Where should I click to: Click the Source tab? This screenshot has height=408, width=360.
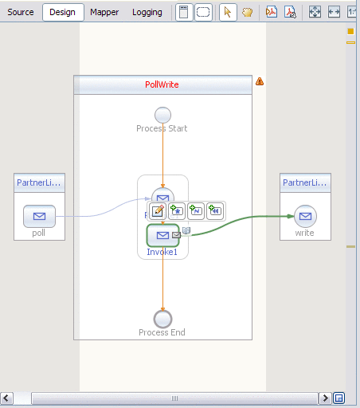[21, 12]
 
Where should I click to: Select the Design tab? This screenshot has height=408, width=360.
[62, 12]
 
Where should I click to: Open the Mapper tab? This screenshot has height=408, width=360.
[104, 12]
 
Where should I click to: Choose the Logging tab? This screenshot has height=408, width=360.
[147, 12]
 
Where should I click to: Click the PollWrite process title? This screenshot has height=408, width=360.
[162, 84]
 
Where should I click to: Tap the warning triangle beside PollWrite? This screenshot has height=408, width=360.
[260, 81]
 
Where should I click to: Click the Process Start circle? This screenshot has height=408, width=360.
[162, 114]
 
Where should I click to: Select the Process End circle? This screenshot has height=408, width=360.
[162, 319]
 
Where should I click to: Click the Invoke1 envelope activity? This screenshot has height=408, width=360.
[162, 235]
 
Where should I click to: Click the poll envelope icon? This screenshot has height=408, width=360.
[39, 216]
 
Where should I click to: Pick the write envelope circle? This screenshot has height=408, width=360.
[305, 216]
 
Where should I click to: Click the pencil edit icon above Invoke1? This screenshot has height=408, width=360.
[158, 211]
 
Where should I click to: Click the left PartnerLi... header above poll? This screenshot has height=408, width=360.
[39, 183]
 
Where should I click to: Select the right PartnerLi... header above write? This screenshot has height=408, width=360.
[305, 183]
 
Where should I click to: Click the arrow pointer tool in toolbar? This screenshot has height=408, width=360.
[227, 12]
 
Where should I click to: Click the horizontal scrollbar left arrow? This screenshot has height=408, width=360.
[6, 398]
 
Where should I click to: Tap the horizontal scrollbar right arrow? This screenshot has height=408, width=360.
[325, 398]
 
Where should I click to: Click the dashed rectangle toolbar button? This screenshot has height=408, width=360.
[204, 12]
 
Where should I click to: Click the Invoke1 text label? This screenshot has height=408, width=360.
[162, 252]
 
